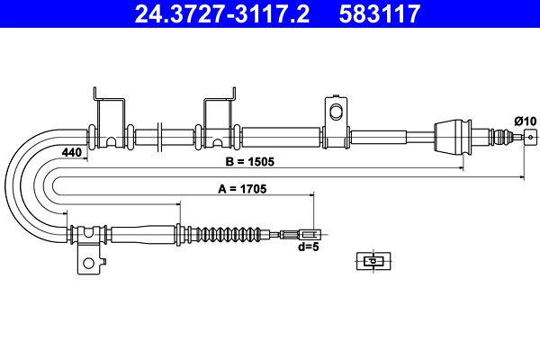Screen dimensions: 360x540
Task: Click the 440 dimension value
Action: [x=73, y=153]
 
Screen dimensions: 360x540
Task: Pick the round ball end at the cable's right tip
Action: [x=530, y=138]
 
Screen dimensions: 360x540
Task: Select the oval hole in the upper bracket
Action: [x=337, y=112]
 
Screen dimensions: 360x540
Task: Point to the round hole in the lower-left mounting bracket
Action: [x=89, y=264]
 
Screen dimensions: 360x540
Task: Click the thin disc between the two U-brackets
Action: [x=158, y=138]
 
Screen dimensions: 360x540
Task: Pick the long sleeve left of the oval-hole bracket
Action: [x=281, y=138]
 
